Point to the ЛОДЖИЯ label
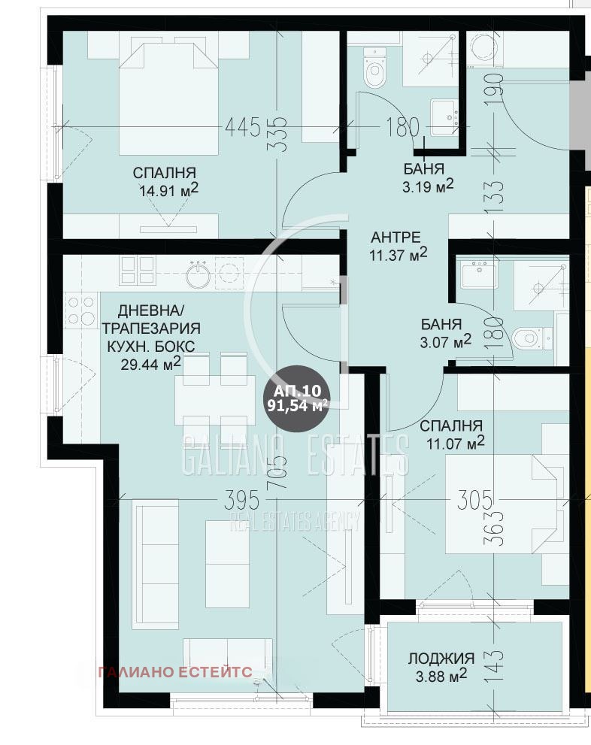click(441, 658)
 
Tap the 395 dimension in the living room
click(242, 498)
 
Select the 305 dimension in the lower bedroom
click(474, 498)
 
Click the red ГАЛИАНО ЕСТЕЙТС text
click(174, 672)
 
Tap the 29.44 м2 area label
click(150, 365)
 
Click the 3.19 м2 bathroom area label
click(428, 186)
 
